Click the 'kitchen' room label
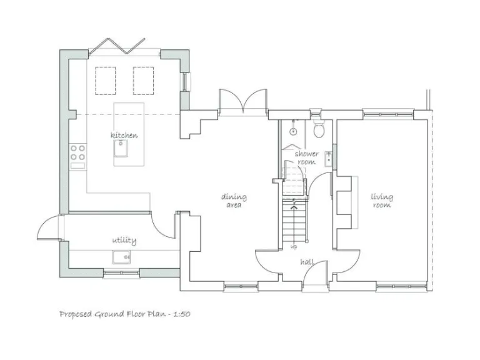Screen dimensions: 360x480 click(124, 136)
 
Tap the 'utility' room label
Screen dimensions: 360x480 click(124, 241)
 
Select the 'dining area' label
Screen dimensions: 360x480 click(234, 201)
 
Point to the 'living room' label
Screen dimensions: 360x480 click(382, 201)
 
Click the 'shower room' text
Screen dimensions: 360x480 click(307, 157)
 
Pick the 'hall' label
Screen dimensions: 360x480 click(307, 262)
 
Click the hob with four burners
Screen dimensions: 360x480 click(78, 153)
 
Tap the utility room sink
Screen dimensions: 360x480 click(121, 256)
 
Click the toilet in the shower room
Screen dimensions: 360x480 click(319, 130)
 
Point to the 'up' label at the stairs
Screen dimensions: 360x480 click(294, 246)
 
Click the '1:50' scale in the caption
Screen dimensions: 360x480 click(179, 314)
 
